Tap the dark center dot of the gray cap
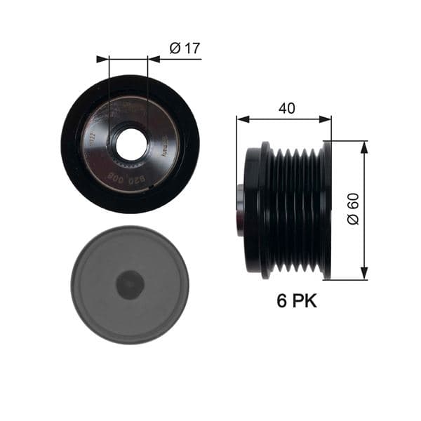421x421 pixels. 130,284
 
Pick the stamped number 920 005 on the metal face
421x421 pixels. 125,180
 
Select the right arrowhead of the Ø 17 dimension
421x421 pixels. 154,59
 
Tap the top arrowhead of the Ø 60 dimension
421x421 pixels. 364,146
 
